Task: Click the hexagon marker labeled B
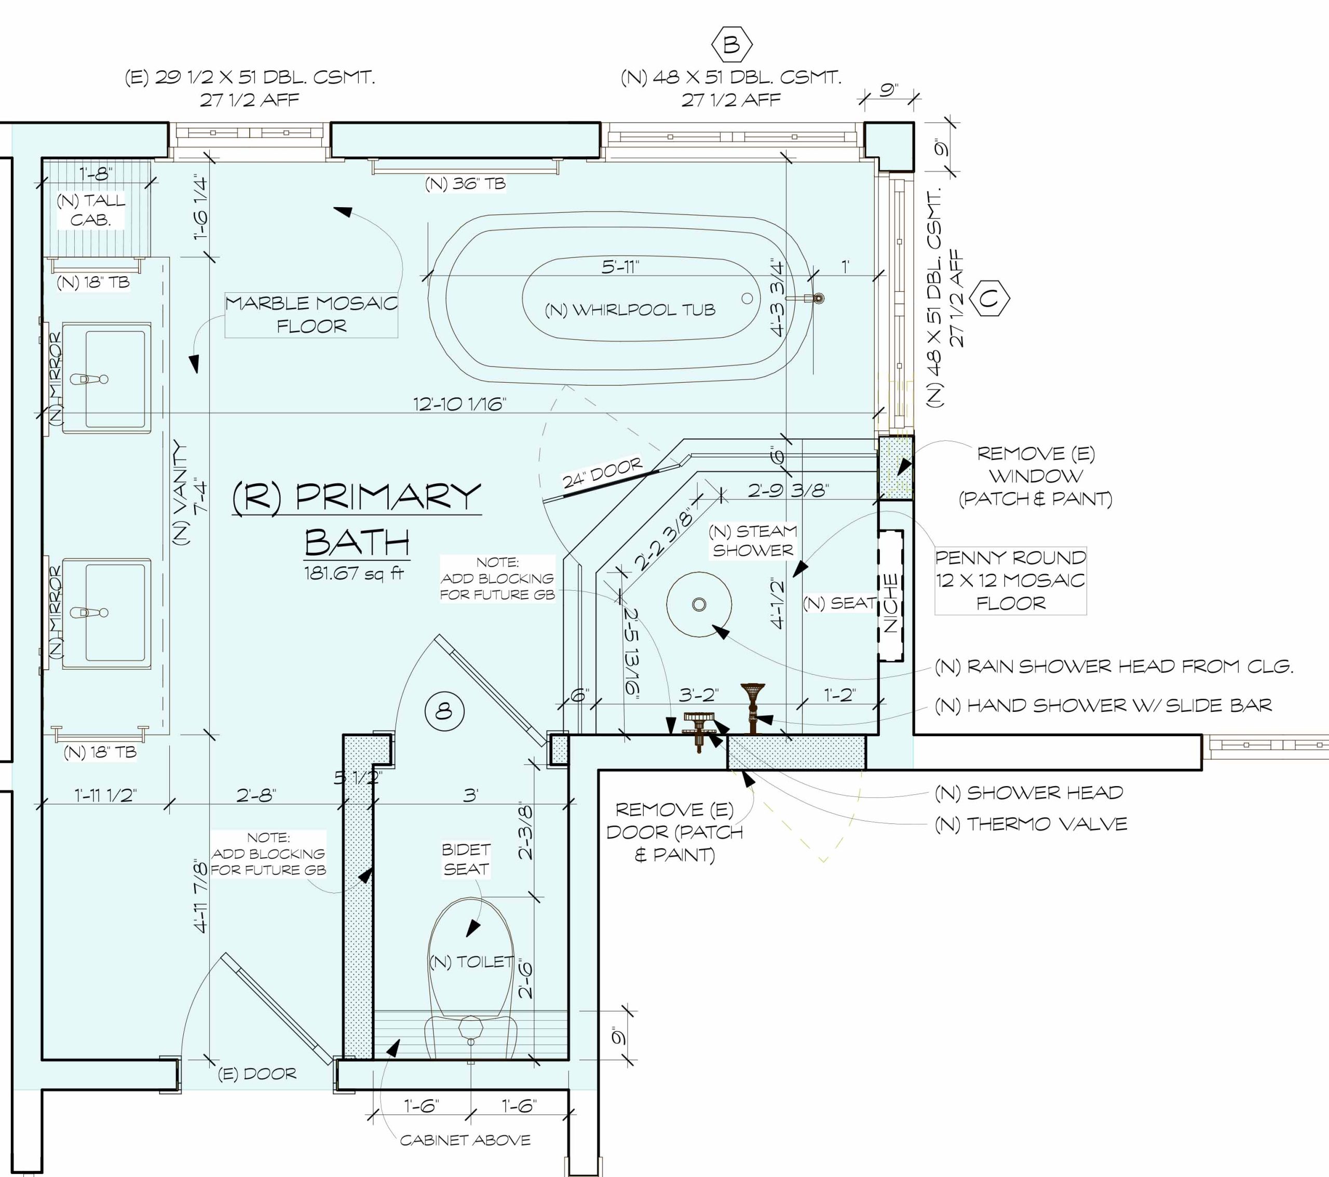(732, 44)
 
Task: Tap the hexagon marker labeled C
(989, 299)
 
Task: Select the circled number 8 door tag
(444, 711)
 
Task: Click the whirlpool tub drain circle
(747, 298)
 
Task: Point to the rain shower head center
(699, 604)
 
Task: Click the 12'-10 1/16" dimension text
(459, 404)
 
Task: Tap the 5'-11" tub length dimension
(620, 267)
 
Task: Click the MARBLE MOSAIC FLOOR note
(311, 314)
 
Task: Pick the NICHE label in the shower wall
(891, 603)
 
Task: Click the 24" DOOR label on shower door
(602, 472)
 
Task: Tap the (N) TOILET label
(471, 962)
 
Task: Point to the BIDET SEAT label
(466, 859)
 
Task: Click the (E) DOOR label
(257, 1074)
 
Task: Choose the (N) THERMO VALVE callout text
(1030, 824)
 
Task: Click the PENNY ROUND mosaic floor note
(1010, 580)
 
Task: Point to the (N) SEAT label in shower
(839, 603)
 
